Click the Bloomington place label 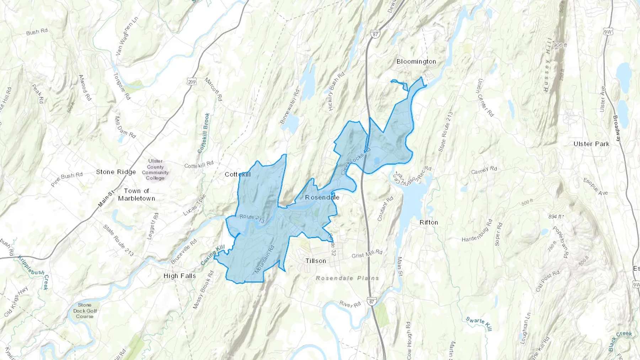[416, 61]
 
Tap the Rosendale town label [322, 197]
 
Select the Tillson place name [315, 261]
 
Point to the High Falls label [180, 276]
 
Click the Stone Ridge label [116, 172]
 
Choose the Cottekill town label [238, 174]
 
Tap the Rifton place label [428, 222]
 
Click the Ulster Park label [591, 144]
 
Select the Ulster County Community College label [155, 170]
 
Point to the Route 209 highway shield [192, 82]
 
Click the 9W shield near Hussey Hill [608, 32]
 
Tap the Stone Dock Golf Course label [85, 311]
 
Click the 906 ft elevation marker [560, 45]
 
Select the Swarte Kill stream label [479, 324]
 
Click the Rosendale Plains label [347, 278]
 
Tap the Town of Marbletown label [137, 195]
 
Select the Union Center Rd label [485, 98]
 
